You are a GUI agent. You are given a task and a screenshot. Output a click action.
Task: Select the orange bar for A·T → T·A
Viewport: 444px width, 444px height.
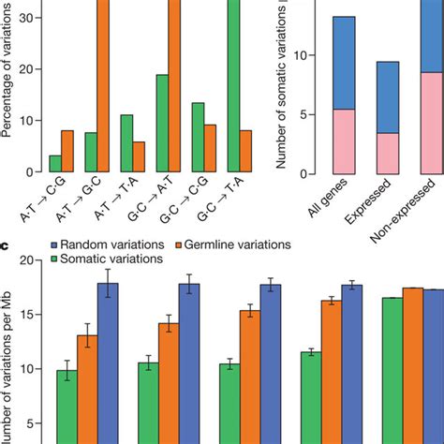(140, 157)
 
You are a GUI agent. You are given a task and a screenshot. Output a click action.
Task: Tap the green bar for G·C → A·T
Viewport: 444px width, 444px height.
(162, 124)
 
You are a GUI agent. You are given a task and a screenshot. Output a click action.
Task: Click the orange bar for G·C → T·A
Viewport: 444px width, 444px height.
(245, 152)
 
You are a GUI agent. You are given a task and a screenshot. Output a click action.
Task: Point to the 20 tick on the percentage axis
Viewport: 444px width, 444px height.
(25, 69)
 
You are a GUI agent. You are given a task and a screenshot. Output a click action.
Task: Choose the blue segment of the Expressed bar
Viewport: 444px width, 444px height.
(387, 97)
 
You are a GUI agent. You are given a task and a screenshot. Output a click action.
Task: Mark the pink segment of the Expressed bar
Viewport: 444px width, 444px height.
(387, 154)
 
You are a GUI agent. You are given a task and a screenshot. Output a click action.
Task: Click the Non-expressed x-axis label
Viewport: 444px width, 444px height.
(422, 206)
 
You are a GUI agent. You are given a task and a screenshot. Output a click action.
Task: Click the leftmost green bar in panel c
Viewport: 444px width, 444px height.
(67, 407)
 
